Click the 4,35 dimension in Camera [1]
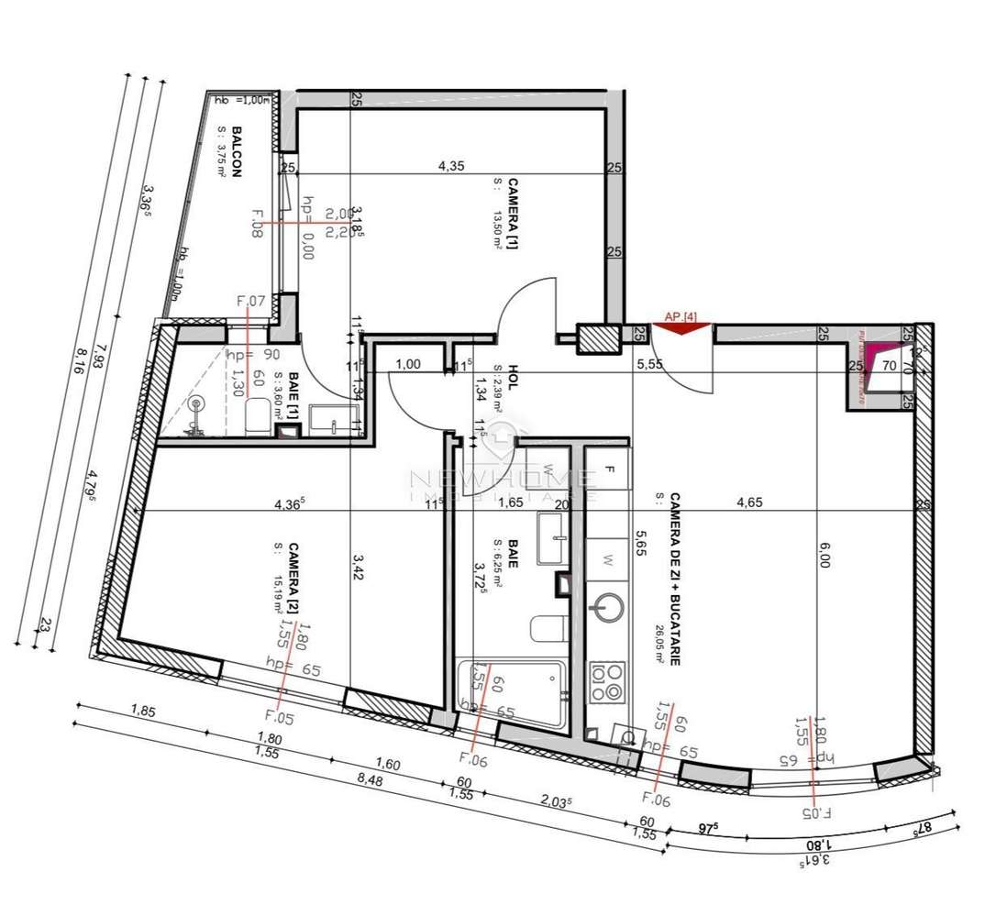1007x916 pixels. [x=449, y=166]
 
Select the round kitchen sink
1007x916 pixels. [x=606, y=608]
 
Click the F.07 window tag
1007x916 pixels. [x=250, y=300]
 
